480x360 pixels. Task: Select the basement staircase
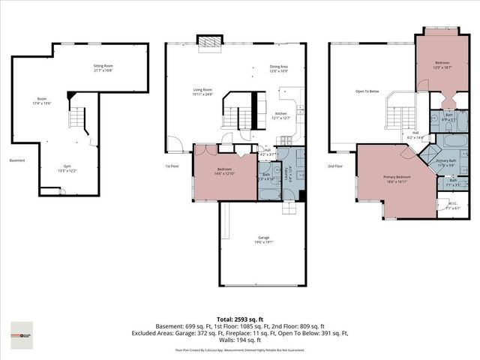[x=79, y=118]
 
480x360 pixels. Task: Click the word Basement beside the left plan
[x=17, y=160]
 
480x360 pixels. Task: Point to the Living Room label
[x=202, y=91]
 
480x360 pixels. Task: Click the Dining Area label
[x=280, y=68]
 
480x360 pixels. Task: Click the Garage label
[x=262, y=239]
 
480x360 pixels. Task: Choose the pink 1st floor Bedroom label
[x=224, y=171]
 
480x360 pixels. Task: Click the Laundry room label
[x=288, y=175]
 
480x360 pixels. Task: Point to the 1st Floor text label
[x=173, y=166]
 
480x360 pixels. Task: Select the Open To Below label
[x=367, y=91]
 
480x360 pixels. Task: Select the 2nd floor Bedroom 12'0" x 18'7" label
[x=443, y=65]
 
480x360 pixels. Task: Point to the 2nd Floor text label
[x=336, y=166]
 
